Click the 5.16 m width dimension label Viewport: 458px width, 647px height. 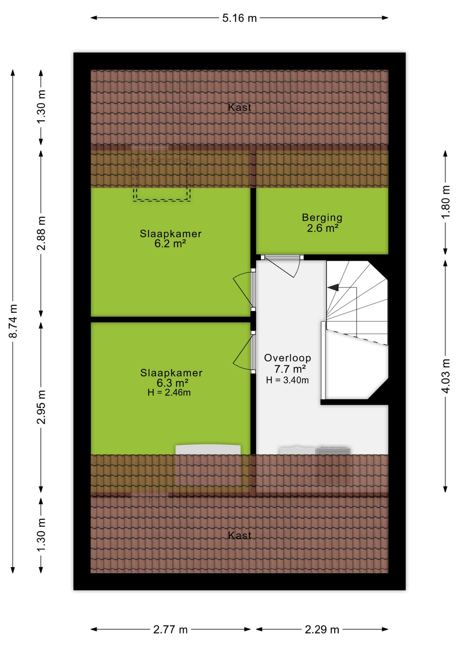pyautogui.click(x=239, y=18)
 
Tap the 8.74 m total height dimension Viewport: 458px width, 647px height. pyautogui.click(x=13, y=321)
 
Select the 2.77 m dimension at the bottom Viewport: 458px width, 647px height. pyautogui.click(x=170, y=629)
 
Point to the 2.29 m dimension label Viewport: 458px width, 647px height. pyautogui.click(x=322, y=629)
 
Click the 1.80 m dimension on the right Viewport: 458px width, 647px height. pyautogui.click(x=446, y=202)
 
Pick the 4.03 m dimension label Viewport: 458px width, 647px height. pyautogui.click(x=446, y=376)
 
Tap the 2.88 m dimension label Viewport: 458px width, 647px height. pyautogui.click(x=41, y=233)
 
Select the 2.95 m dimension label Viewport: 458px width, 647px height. pyautogui.click(x=41, y=407)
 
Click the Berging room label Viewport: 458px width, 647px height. pyautogui.click(x=322, y=218)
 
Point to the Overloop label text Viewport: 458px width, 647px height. pyautogui.click(x=288, y=358)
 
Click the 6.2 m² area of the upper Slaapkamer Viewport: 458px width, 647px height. pyautogui.click(x=170, y=243)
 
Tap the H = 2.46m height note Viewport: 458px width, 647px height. pyautogui.click(x=169, y=393)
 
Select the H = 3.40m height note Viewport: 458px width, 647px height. pyautogui.click(x=287, y=380)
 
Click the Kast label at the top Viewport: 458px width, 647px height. pyautogui.click(x=239, y=107)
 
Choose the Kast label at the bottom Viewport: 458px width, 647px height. pyautogui.click(x=239, y=535)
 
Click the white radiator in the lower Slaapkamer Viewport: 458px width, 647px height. pyautogui.click(x=208, y=450)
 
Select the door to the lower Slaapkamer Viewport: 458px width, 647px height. pyautogui.click(x=244, y=352)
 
